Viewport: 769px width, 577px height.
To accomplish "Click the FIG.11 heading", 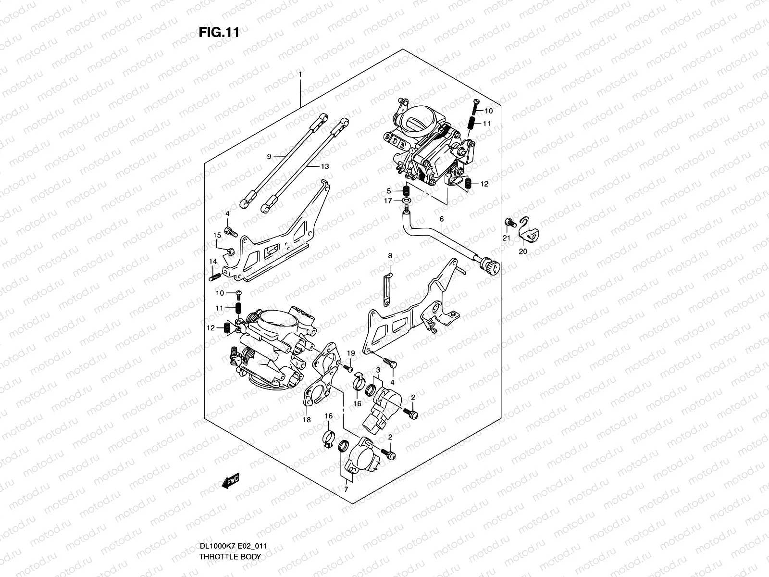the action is pos(219,32).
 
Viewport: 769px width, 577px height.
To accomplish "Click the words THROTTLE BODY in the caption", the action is pos(230,557).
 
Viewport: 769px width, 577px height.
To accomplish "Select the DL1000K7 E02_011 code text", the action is pos(233,546).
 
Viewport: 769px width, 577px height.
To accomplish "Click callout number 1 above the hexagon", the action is pos(300,74).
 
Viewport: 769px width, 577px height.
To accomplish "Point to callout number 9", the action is pos(269,157).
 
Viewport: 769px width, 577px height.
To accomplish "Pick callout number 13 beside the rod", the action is pos(325,166).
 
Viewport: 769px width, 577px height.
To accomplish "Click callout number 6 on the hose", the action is pos(441,219).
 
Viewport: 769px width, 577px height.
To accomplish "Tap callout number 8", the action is pos(390,256).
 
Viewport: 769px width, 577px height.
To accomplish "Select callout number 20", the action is pos(523,251).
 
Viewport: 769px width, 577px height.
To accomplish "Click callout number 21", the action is pos(506,238).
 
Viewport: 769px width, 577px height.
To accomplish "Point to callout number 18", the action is pos(307,420).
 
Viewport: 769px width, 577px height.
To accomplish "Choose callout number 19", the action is pos(351,353).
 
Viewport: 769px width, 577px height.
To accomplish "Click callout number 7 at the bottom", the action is pos(346,489).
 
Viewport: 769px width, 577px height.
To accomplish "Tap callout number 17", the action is pos(388,201).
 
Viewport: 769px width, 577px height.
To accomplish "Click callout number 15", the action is pos(217,235).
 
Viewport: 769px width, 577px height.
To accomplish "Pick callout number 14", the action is pos(212,262).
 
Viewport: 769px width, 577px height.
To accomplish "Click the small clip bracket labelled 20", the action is pos(528,230).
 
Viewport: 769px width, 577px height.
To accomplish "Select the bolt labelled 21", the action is pos(510,223).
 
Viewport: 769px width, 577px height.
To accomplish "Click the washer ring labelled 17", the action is pos(407,201).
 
